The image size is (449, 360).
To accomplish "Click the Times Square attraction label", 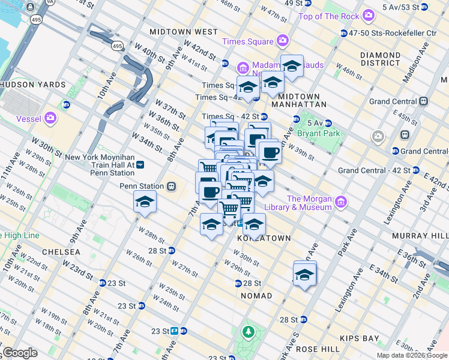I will [x=247, y=41].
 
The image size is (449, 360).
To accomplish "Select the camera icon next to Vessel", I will [x=50, y=116].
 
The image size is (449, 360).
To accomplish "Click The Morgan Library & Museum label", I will [x=309, y=203].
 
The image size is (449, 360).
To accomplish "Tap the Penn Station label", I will [x=142, y=186].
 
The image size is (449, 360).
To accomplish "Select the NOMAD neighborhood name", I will [x=256, y=296].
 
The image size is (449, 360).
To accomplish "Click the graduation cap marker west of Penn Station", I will [x=145, y=202].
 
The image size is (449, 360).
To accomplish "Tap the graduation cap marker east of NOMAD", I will [x=305, y=275].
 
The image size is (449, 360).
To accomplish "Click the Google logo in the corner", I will [x=20, y=353].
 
